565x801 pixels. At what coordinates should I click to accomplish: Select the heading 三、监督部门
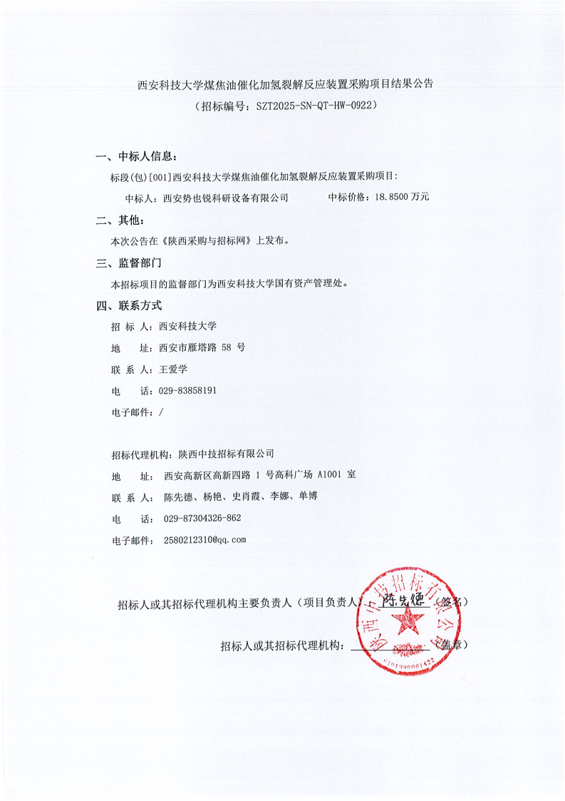click(129, 263)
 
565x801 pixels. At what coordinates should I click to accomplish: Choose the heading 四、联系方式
click(129, 306)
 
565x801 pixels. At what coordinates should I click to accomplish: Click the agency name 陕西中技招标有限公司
click(226, 453)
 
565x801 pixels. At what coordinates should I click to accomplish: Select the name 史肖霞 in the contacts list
click(244, 496)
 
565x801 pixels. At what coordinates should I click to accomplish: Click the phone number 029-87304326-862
click(202, 519)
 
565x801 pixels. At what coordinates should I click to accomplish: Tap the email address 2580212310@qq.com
click(204, 540)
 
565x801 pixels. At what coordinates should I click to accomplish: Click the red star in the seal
click(408, 622)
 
